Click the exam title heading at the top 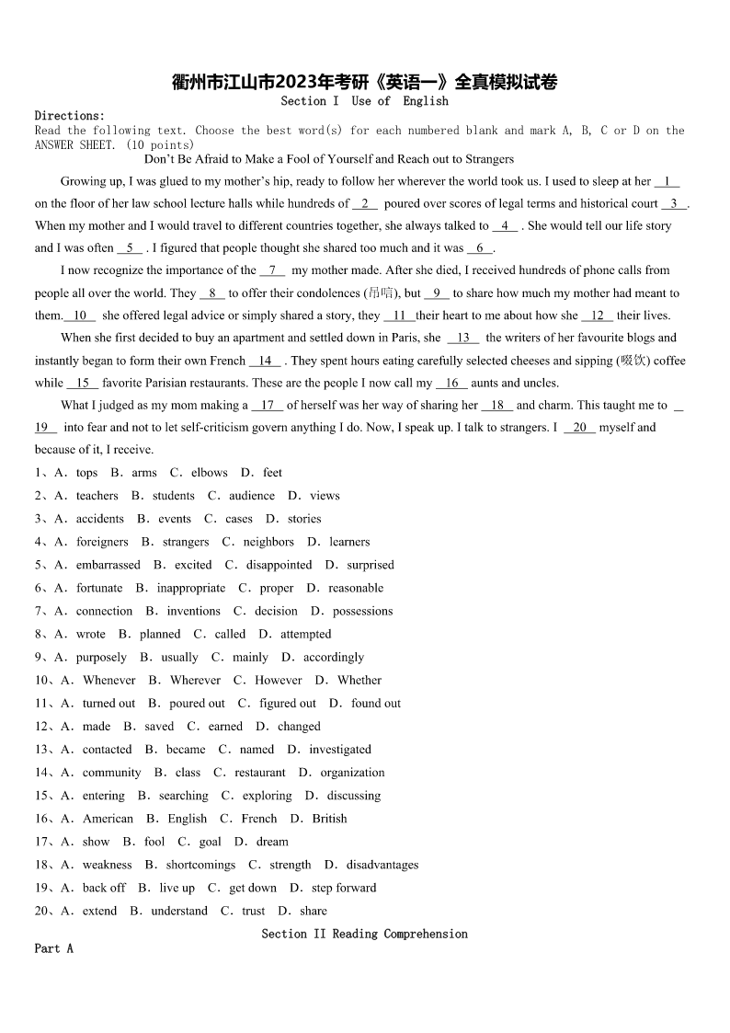(364, 83)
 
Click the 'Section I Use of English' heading (364, 101)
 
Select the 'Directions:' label (70, 116)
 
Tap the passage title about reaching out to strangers (329, 159)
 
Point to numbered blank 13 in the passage (462, 338)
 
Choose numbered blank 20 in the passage (579, 427)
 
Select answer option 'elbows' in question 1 (209, 473)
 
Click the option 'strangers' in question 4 (186, 542)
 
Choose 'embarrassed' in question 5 (108, 565)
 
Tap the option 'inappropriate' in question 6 (190, 588)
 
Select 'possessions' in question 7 (362, 611)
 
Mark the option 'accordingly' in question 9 (334, 658)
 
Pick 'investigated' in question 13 (340, 750)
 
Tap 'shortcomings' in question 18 (200, 865)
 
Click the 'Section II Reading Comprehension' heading (364, 934)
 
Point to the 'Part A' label (53, 948)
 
